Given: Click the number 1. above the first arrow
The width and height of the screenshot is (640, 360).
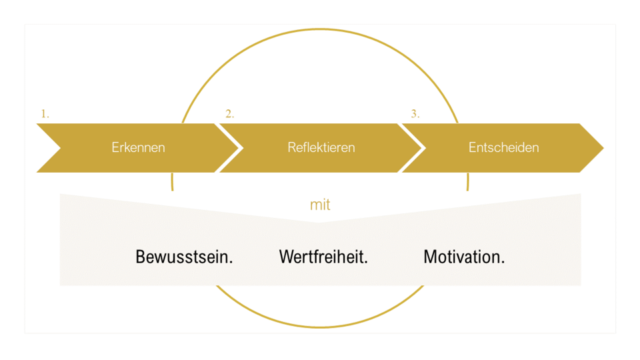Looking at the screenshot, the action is click(x=45, y=114).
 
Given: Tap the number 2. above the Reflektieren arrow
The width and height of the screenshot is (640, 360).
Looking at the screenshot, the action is click(x=230, y=114).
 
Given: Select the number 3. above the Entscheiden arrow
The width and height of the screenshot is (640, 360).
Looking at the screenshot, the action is click(x=415, y=114).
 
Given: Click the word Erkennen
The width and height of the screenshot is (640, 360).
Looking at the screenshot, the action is click(x=139, y=147).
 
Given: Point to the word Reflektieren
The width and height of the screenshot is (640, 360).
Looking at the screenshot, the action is click(x=321, y=147).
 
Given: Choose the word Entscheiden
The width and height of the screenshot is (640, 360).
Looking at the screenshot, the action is click(x=504, y=147).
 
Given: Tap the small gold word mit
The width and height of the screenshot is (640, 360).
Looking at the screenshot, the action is click(x=320, y=205).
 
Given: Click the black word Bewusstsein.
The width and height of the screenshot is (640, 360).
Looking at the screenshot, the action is click(x=184, y=257).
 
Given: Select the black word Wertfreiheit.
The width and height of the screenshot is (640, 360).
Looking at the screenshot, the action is click(x=323, y=257).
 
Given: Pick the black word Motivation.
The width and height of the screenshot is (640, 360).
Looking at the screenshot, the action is click(x=464, y=257).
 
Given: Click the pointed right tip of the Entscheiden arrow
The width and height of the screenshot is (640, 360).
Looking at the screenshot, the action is click(x=603, y=148).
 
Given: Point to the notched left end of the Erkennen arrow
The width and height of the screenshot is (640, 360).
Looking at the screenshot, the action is click(x=60, y=148).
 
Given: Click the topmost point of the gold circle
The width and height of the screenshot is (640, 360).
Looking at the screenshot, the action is click(x=320, y=29).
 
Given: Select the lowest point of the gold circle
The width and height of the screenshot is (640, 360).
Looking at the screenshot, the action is click(x=320, y=327).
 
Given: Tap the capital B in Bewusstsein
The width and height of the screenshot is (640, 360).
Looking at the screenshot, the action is click(x=141, y=257).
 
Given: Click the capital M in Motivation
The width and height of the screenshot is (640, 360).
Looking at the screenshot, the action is click(x=430, y=257).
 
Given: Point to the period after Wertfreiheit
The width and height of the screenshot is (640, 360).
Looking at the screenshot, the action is click(x=366, y=263).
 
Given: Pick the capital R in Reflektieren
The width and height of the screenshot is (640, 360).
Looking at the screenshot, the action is click(x=291, y=147).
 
